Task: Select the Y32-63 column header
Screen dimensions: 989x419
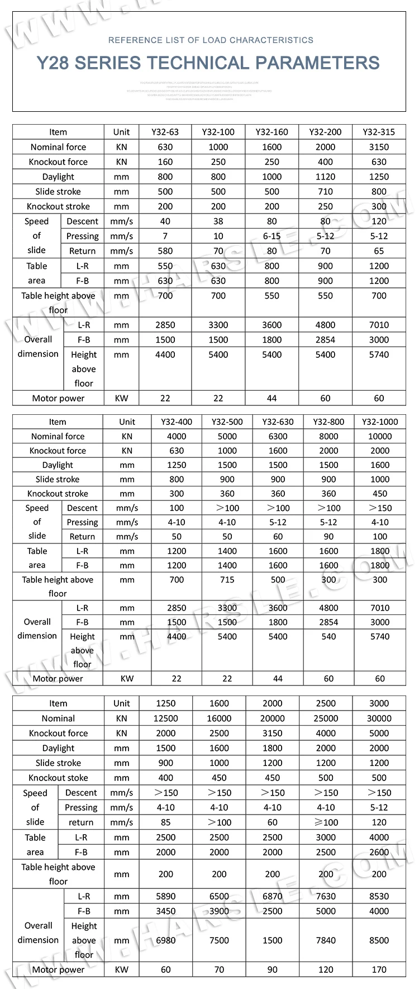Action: click(165, 133)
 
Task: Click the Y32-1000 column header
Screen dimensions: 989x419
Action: click(380, 422)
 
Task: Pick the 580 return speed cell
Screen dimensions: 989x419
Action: click(165, 251)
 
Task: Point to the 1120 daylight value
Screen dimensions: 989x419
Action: click(325, 177)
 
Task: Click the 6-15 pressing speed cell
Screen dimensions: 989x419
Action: click(272, 236)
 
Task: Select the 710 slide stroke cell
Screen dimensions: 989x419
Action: click(325, 191)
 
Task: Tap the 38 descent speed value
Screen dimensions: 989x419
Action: click(218, 221)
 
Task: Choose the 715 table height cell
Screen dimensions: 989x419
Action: click(227, 580)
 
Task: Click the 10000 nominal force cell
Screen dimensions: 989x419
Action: click(380, 437)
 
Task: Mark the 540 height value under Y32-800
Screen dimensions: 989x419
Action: click(328, 637)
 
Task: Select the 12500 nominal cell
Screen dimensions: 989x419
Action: click(166, 718)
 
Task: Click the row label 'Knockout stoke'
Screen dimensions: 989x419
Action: click(58, 778)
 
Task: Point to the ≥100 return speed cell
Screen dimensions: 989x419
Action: click(326, 822)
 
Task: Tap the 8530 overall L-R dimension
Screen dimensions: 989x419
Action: click(379, 896)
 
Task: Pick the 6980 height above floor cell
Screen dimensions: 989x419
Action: click(166, 940)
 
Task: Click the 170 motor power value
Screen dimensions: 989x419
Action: click(379, 970)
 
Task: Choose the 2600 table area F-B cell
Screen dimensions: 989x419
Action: click(379, 852)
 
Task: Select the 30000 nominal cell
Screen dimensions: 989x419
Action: click(379, 718)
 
